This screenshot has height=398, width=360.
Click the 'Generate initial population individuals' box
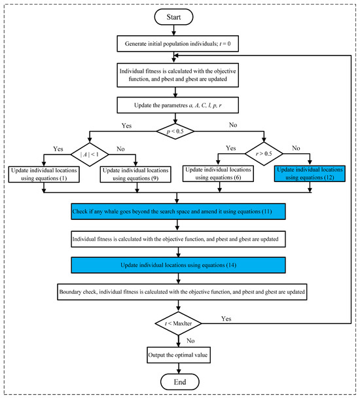click(178, 45)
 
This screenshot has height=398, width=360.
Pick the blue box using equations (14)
click(178, 263)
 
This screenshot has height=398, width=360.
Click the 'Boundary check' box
click(178, 289)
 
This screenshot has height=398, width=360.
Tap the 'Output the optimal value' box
click(178, 355)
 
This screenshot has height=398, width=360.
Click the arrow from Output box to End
click(178, 368)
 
